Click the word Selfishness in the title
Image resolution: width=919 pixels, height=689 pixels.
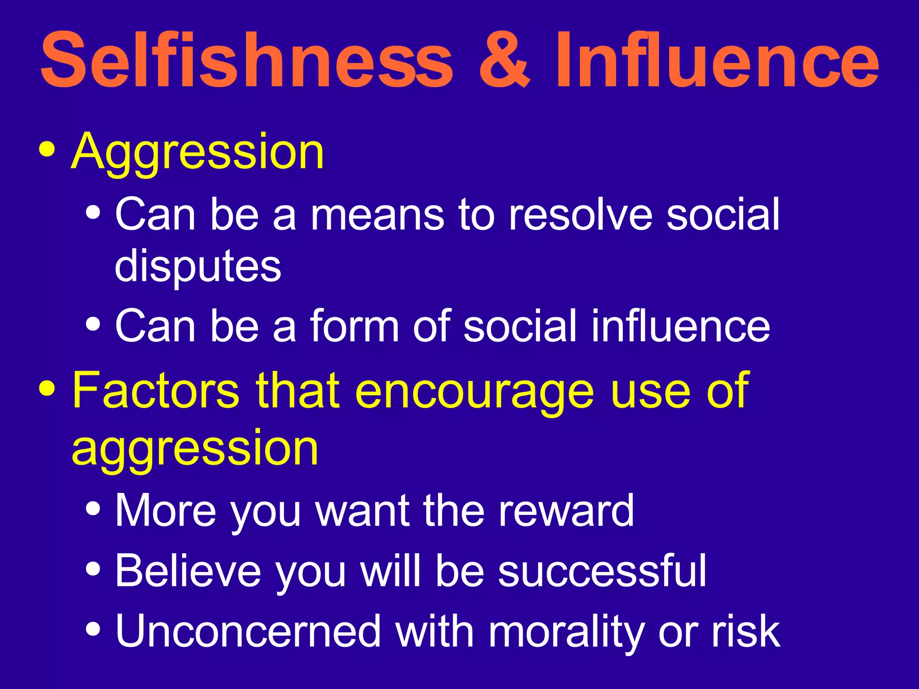pos(247,61)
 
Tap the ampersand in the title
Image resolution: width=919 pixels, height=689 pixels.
pos(504,61)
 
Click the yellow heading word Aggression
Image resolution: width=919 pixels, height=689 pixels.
pos(197,153)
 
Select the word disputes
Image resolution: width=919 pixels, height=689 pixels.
pos(197,267)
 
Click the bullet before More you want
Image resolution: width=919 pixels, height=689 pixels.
pos(93,509)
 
